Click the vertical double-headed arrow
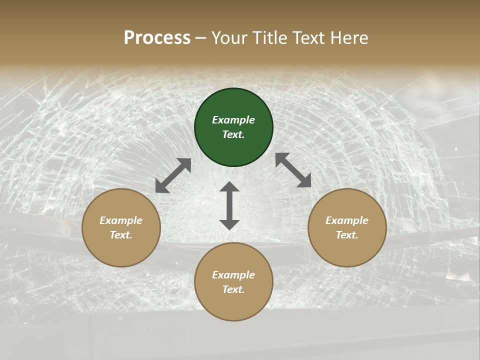pos(229,205)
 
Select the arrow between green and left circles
pos(173,175)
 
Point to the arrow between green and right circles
pos(293,170)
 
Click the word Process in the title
pos(157,38)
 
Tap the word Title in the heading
pos(269,38)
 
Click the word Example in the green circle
pos(233,120)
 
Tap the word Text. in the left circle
pos(121,235)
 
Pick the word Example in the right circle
pos(347,220)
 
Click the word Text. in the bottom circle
pos(233,289)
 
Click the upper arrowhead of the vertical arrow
pos(229,187)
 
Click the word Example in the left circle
pos(121,220)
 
